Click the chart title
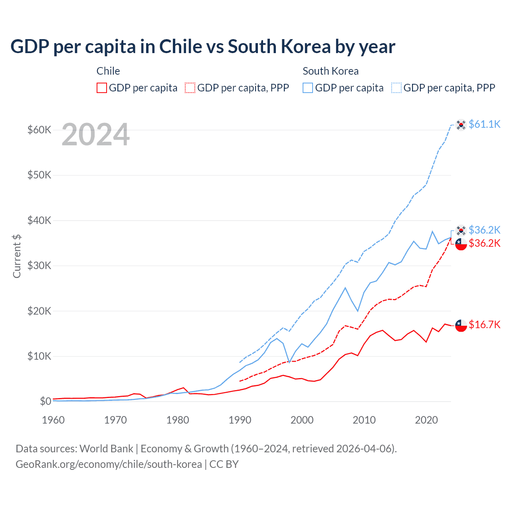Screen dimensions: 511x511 click(x=203, y=47)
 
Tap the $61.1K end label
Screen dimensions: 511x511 click(x=484, y=124)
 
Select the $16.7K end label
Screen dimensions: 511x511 click(x=484, y=325)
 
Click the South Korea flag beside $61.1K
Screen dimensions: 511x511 click(x=461, y=125)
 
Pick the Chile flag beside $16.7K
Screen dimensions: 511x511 click(x=461, y=325)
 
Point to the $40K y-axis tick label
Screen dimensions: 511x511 click(x=39, y=220)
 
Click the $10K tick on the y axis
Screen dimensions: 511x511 click(x=39, y=356)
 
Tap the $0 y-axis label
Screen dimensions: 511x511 click(x=46, y=401)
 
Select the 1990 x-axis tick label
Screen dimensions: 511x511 click(x=240, y=420)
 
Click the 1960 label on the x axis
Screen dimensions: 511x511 click(x=53, y=420)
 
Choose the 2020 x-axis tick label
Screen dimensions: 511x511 click(x=426, y=420)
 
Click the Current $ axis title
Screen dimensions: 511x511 click(x=17, y=256)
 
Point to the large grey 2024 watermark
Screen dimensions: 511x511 click(x=96, y=135)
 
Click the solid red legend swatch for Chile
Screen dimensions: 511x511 click(x=102, y=88)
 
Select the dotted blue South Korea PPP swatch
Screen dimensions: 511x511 click(x=396, y=88)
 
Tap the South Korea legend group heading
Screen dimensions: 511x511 click(x=331, y=71)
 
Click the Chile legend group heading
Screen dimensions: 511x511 click(x=108, y=71)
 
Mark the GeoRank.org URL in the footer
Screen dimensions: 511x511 click(x=109, y=464)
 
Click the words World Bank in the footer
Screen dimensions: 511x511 click(x=106, y=449)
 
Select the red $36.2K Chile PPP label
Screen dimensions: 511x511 click(x=484, y=243)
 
